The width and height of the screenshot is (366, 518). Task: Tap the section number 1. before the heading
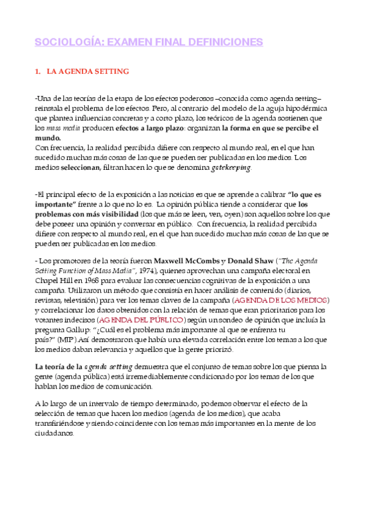click(38, 71)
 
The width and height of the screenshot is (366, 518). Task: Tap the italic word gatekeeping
click(231, 167)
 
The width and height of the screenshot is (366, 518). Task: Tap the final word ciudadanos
click(55, 433)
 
